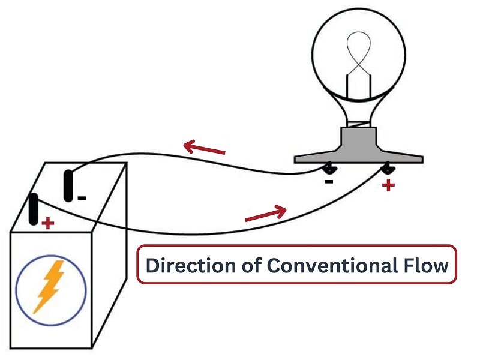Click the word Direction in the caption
tap(190, 265)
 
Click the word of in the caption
tap(251, 265)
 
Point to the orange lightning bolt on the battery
tap(50, 287)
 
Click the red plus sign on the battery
tap(48, 223)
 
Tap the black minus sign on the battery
tap(82, 198)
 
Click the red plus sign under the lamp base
tap(388, 185)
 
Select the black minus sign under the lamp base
tap(328, 182)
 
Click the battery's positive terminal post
tap(34, 209)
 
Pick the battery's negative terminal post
tap(68, 186)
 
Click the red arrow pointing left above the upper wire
tap(204, 147)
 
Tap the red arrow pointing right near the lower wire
tap(266, 213)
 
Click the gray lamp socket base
tap(358, 146)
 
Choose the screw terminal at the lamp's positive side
tap(388, 169)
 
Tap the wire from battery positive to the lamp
tap(196, 234)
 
